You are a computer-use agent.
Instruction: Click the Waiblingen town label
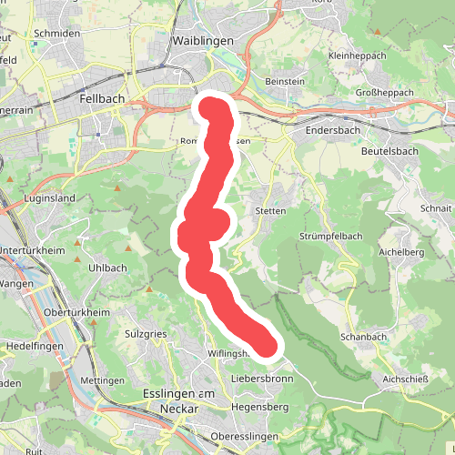pyautogui.click(x=202, y=42)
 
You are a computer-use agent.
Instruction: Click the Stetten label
pyautogui.click(x=271, y=210)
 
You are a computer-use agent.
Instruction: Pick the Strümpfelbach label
pyautogui.click(x=330, y=238)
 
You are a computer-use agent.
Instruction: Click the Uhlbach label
pyautogui.click(x=107, y=268)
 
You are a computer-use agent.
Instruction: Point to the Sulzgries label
pyautogui.click(x=146, y=334)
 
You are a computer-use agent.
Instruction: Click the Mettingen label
pyautogui.click(x=102, y=379)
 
